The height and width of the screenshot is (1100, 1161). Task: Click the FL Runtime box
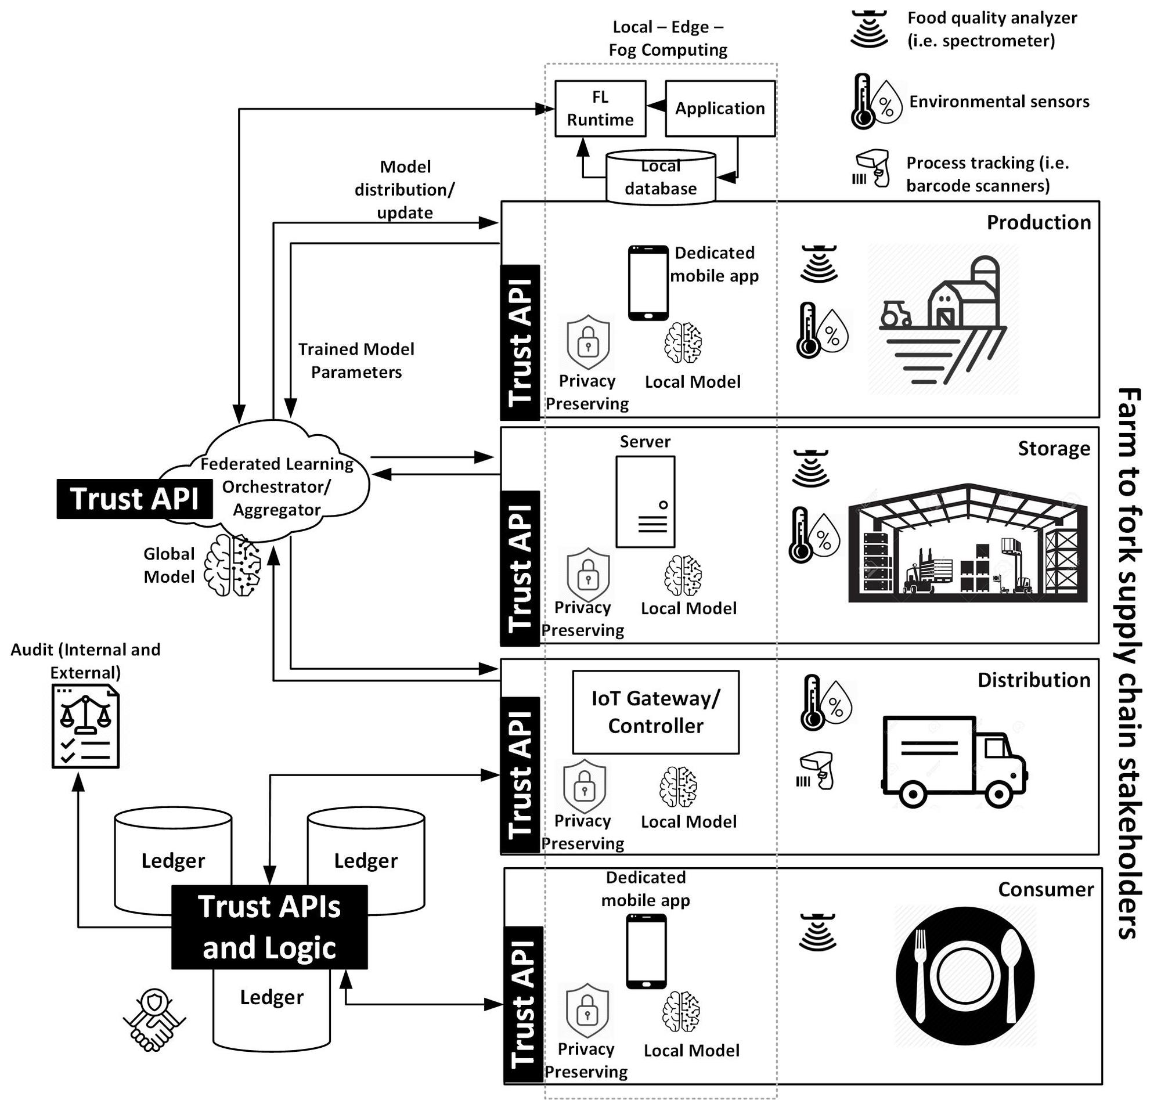click(600, 109)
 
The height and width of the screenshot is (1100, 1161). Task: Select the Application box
click(719, 109)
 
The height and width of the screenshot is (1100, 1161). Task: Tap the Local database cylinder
click(660, 178)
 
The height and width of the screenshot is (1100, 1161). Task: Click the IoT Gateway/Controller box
click(655, 712)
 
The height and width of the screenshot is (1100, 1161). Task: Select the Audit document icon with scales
click(85, 727)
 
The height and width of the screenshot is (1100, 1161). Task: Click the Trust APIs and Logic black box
click(269, 927)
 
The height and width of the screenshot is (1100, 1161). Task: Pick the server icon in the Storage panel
click(645, 502)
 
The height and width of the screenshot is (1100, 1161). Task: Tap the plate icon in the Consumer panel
click(965, 976)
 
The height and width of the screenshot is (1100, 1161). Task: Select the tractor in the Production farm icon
click(895, 313)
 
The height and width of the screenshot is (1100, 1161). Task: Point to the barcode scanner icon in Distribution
click(816, 771)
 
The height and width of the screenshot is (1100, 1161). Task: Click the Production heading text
click(1039, 223)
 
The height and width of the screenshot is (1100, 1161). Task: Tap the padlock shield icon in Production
click(588, 343)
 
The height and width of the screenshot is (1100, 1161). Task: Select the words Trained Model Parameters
click(356, 360)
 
